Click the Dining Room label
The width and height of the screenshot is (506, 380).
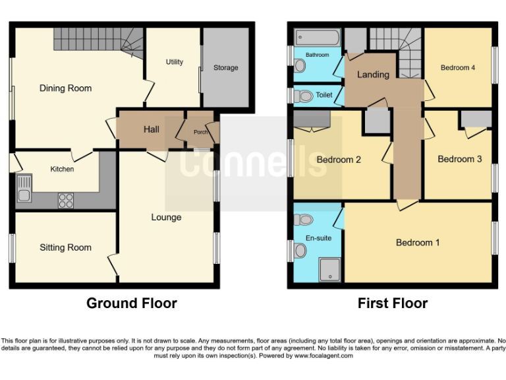coord(65,88)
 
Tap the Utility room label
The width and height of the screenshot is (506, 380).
coord(175,62)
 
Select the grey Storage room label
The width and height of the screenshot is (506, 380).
coord(225,68)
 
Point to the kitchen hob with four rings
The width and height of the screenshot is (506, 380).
coord(66,199)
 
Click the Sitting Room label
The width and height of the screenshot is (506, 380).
coord(65,247)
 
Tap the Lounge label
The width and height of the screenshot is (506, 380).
coord(166,217)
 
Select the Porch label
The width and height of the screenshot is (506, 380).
coord(200,132)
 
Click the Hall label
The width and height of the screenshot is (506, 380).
coord(152,129)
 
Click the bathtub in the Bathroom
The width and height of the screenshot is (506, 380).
coord(317,37)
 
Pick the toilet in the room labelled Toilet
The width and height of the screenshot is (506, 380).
coord(304,96)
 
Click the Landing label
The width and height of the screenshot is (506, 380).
coord(373,75)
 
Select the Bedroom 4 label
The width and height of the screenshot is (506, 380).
coord(458,68)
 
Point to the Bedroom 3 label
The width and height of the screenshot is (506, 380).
coord(460,159)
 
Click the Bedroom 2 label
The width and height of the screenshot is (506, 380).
coord(339,160)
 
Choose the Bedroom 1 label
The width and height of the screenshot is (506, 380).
coord(418,243)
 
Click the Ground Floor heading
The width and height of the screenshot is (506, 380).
coord(132,303)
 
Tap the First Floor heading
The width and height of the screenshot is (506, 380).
coord(393,303)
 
